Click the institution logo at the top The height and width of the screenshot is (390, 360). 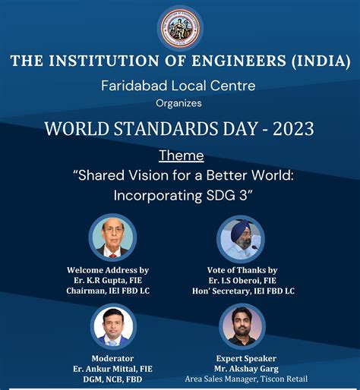point(180,28)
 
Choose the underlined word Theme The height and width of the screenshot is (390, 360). point(181,156)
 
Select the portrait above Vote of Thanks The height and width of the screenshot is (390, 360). point(242,239)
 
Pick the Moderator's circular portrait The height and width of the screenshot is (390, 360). point(114,326)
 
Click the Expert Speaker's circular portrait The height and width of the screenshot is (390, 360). point(242,327)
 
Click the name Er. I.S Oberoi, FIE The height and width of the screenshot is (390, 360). point(242,280)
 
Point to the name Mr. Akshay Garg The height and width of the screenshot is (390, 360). point(242,368)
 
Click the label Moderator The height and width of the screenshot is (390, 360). point(112,357)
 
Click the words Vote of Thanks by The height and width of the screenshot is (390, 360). point(242,269)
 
